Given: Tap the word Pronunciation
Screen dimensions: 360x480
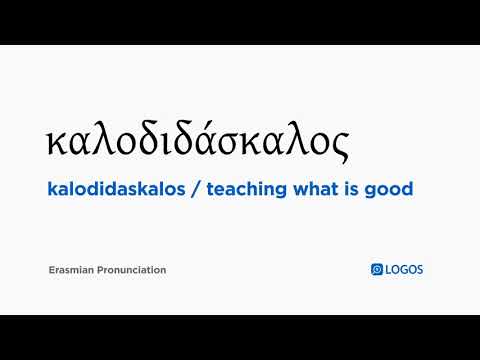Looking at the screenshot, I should pyautogui.click(x=134, y=270).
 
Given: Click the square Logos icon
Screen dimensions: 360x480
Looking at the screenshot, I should pyautogui.click(x=377, y=269).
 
